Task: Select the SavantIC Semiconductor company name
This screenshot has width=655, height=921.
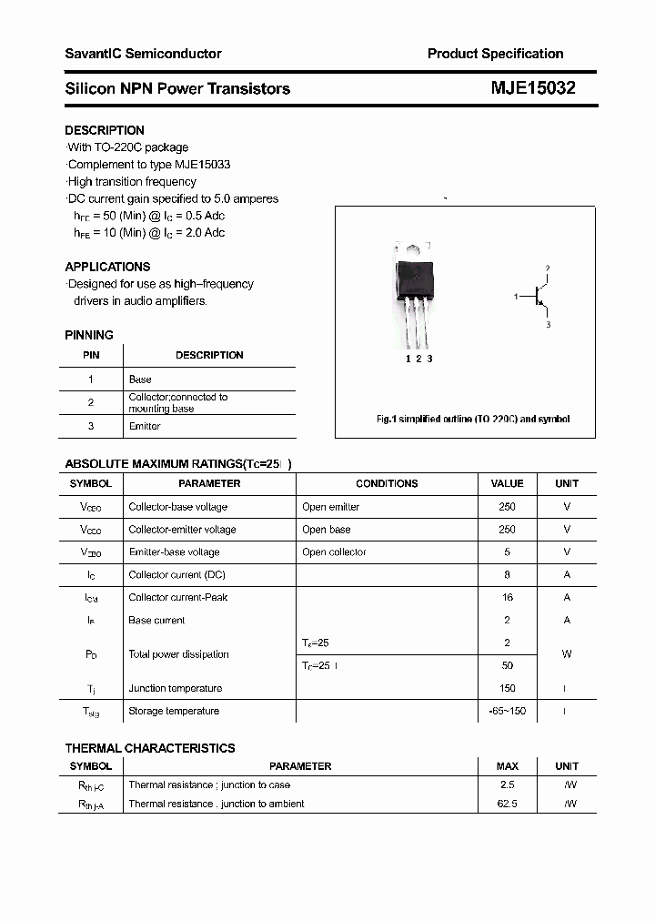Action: click(143, 54)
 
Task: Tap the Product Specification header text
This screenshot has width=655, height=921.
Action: click(495, 54)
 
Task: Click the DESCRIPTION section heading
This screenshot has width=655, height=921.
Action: click(104, 130)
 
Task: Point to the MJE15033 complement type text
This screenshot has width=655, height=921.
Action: click(202, 165)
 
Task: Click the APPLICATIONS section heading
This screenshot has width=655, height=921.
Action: click(107, 267)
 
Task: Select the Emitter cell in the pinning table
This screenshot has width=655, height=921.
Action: click(145, 426)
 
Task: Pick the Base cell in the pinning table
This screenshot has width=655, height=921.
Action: click(140, 379)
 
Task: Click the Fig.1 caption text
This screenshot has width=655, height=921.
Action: click(473, 420)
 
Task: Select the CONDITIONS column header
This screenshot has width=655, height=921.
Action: click(387, 483)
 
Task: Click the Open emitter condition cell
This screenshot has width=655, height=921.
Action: click(331, 507)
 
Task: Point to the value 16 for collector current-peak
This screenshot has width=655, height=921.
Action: click(507, 598)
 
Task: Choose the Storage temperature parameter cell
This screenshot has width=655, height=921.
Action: click(174, 711)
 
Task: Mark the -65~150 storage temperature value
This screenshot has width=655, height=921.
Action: click(507, 711)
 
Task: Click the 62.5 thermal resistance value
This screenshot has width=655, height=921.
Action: click(507, 804)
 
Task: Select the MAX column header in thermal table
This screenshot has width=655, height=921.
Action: click(507, 766)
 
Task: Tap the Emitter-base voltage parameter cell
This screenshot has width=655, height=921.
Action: click(174, 552)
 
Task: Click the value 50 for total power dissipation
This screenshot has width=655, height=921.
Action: click(507, 665)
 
